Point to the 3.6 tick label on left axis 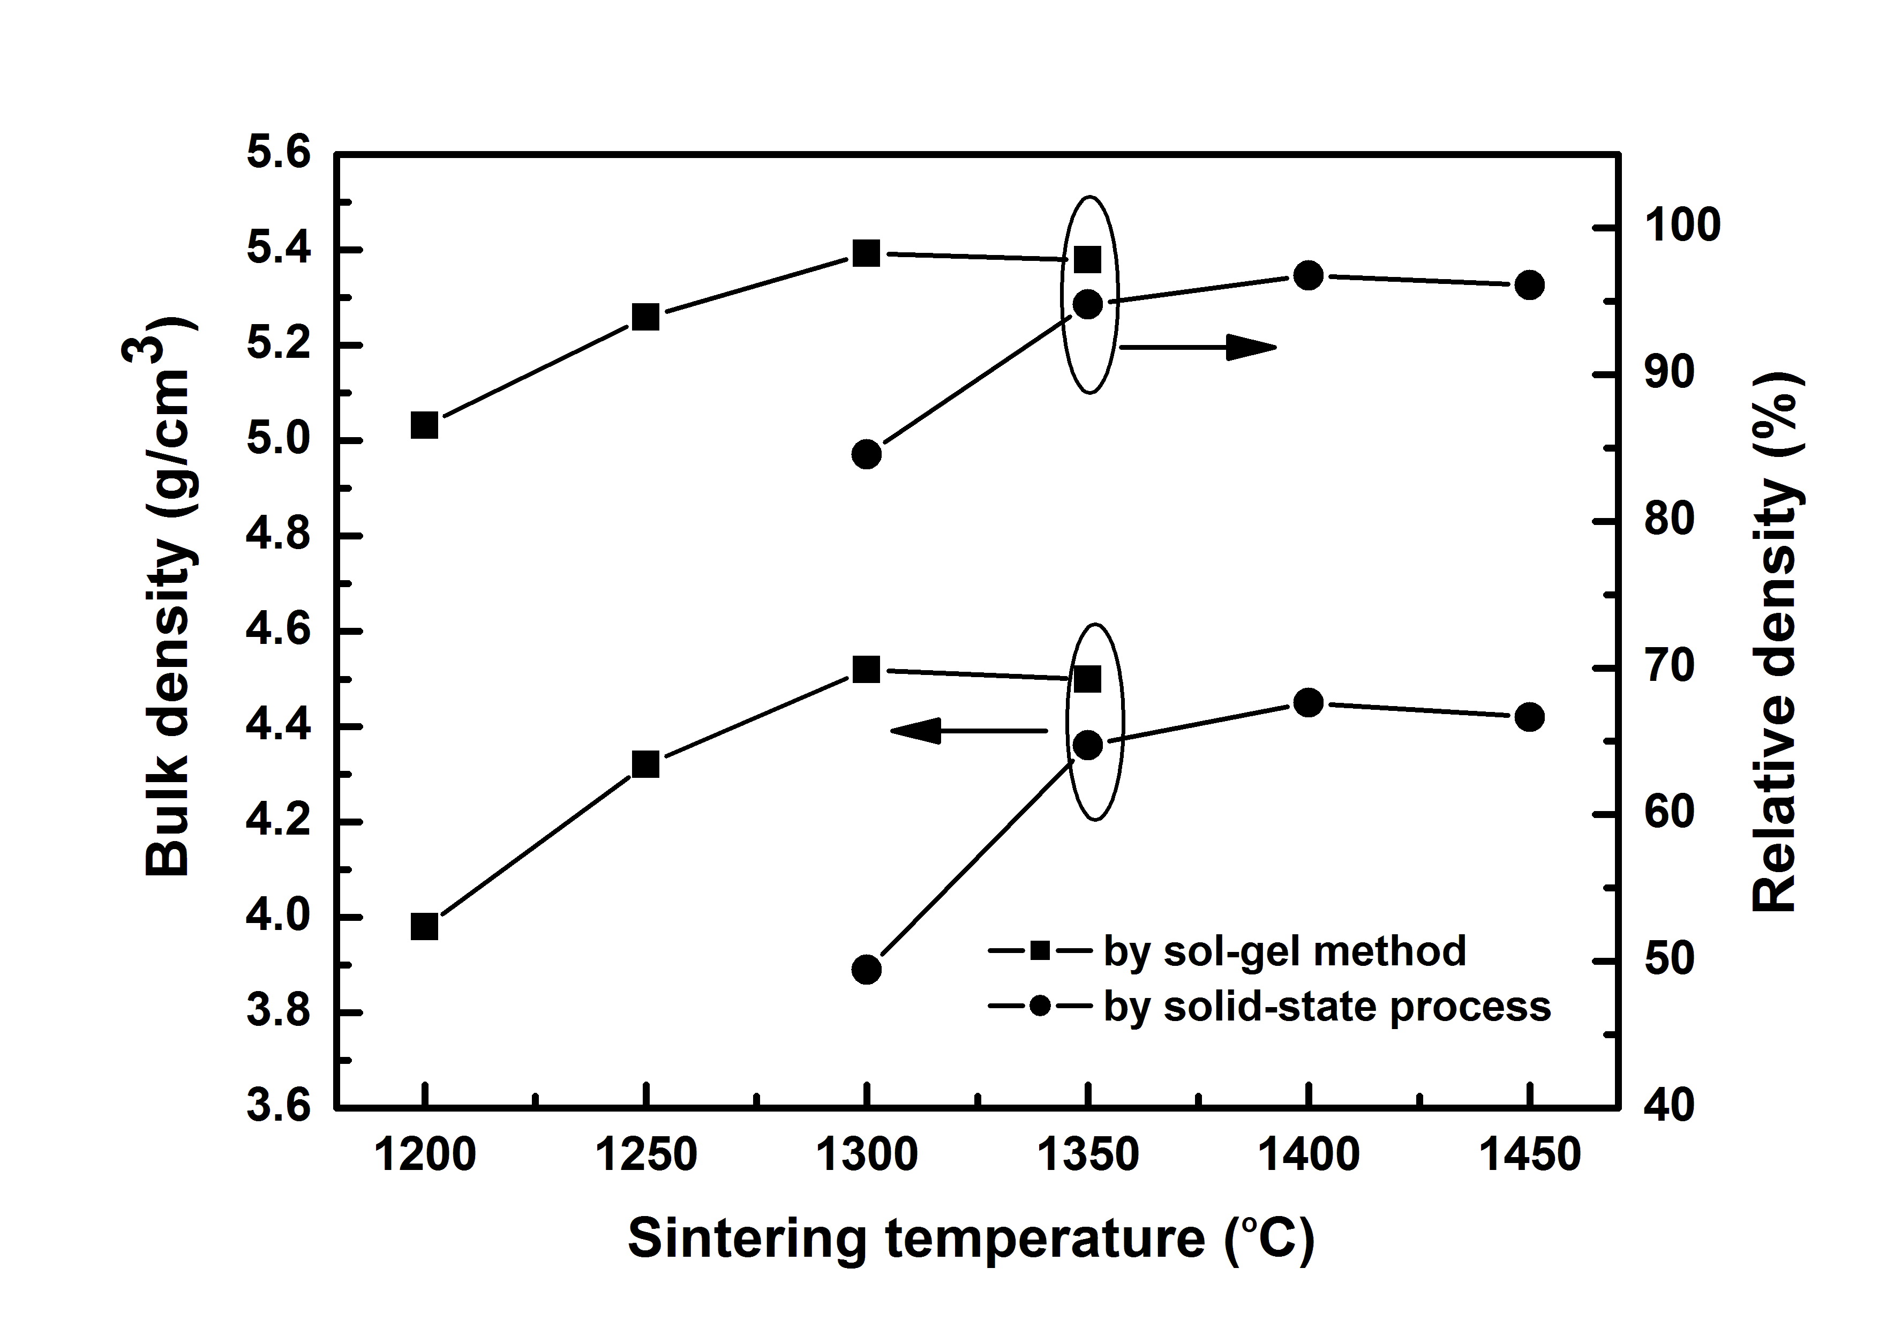point(278,1107)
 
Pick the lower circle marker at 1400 point(1309,702)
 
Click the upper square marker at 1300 point(866,253)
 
